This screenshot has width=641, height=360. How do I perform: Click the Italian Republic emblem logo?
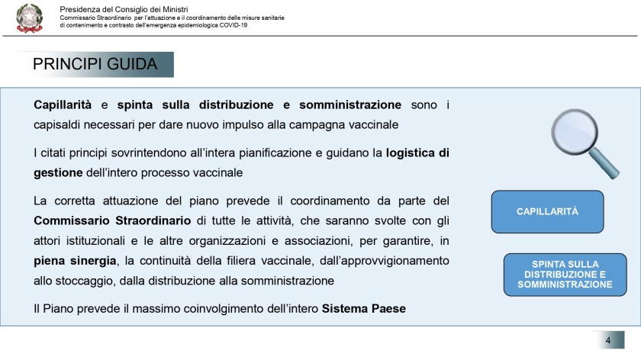click(x=30, y=18)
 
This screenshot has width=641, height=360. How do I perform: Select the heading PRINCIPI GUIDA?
click(x=95, y=64)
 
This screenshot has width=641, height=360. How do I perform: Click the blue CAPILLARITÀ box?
click(x=547, y=211)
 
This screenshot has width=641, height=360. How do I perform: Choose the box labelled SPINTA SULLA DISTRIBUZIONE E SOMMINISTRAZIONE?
click(x=565, y=275)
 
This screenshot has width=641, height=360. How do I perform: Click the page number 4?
click(x=607, y=340)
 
